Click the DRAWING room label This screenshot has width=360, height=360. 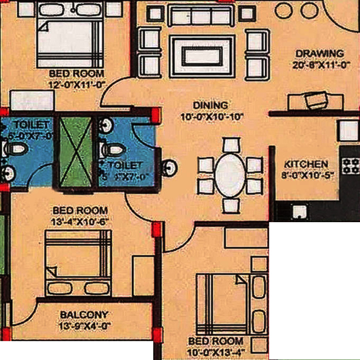(319, 53)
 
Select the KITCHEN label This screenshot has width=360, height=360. (307, 164)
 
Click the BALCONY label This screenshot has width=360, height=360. (84, 315)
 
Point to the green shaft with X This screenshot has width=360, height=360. (76, 151)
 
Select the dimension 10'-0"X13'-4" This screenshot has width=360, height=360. (215, 352)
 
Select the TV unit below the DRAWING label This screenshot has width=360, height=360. (314, 100)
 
